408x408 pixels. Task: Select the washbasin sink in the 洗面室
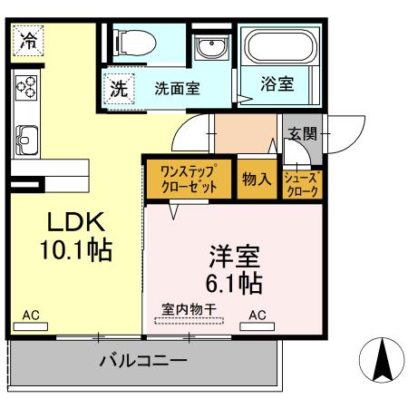(x=210, y=48)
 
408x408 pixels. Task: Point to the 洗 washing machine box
(x=119, y=89)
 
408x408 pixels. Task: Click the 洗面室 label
(x=177, y=90)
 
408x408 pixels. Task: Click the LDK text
(x=76, y=223)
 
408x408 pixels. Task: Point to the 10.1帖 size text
(x=76, y=250)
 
